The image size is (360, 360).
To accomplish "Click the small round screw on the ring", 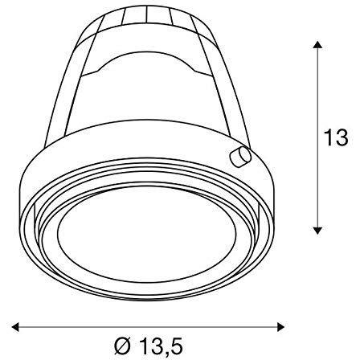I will pyautogui.click(x=239, y=157).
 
